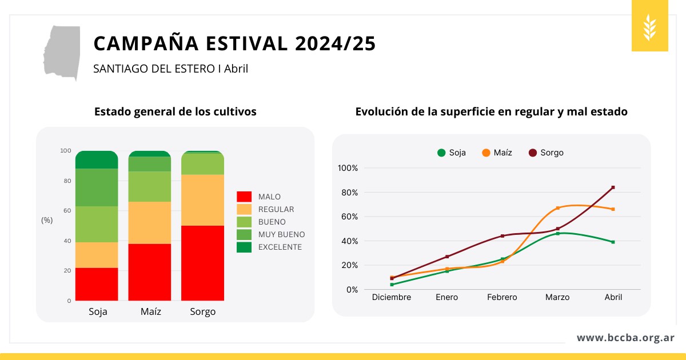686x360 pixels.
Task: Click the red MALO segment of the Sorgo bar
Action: [x=203, y=263]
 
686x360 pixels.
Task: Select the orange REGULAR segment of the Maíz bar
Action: [x=150, y=223]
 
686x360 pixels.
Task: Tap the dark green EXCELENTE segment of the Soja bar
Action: [x=97, y=160]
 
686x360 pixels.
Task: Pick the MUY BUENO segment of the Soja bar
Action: [x=97, y=187]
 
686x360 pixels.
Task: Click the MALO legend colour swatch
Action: [x=244, y=197]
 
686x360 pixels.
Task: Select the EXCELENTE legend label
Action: [x=280, y=247]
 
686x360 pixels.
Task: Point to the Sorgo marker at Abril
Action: [x=613, y=187]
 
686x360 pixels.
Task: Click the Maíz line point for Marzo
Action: [x=557, y=208]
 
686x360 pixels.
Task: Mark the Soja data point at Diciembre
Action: [x=392, y=285]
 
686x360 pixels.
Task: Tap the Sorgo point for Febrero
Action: [x=502, y=236]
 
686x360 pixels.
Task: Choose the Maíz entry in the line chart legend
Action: [x=497, y=153]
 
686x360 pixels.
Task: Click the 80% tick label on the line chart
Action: [x=348, y=193]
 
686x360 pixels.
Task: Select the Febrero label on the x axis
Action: [x=502, y=297]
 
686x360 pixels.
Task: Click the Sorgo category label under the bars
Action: [x=203, y=312]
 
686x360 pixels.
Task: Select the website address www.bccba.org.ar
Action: [x=625, y=338]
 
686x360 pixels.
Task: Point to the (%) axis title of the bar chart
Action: [x=47, y=220]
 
